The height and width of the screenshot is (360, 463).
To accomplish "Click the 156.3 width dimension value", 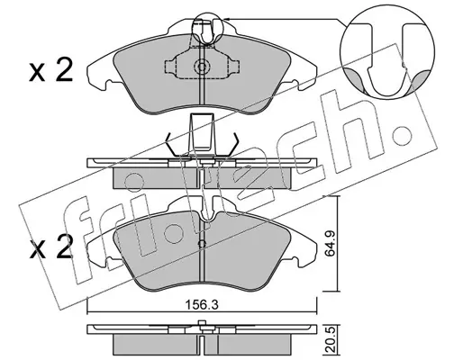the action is [x=202, y=305].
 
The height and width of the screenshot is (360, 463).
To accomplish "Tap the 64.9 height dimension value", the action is [x=331, y=243].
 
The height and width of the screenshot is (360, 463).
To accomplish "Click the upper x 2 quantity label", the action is [x=51, y=70].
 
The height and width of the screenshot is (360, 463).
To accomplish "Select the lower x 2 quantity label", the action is [x=51, y=247].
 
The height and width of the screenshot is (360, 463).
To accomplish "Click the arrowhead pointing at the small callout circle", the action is [x=226, y=19].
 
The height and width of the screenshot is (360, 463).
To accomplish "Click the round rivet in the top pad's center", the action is [x=202, y=67].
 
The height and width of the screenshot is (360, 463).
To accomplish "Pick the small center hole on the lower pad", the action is [x=202, y=244].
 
